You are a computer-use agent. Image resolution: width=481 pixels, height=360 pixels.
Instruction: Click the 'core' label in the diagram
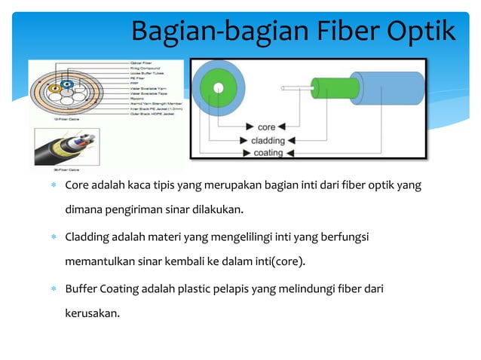tap(266, 127)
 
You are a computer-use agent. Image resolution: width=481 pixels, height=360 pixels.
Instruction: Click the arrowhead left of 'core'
tap(247, 127)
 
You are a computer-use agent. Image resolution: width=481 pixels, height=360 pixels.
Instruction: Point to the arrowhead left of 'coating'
tap(247, 153)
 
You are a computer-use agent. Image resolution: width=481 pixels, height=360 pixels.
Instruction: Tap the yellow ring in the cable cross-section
tap(54, 90)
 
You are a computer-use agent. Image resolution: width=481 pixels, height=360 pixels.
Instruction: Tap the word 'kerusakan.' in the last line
tap(92, 314)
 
